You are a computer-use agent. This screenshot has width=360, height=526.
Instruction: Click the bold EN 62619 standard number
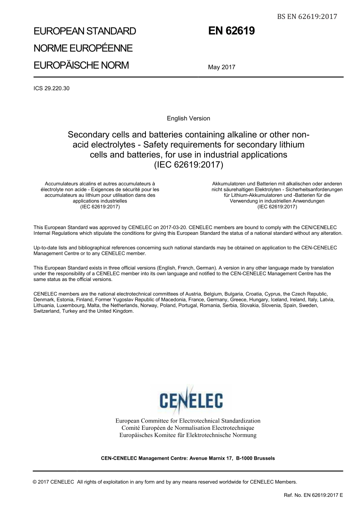[231, 31]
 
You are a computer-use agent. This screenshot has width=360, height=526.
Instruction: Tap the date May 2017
[221, 67]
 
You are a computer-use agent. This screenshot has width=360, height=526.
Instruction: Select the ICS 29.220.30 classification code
[52, 89]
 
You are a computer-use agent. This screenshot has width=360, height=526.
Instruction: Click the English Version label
[188, 119]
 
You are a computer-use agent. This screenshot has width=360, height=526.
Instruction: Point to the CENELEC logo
[191, 400]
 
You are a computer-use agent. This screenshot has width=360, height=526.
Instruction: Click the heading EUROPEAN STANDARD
[85, 31]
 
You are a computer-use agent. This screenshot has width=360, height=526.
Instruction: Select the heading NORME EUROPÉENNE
[83, 48]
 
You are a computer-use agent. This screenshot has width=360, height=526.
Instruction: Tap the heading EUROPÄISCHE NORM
[81, 65]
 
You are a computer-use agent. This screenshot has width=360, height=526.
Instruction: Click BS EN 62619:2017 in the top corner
[307, 16]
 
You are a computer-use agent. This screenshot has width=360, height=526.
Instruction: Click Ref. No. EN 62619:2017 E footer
[313, 495]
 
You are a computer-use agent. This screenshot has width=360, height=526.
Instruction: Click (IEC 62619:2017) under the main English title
[188, 165]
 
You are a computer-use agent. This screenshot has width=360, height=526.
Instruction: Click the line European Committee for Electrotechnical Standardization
[188, 421]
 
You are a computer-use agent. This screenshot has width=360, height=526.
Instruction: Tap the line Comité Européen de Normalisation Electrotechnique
[188, 428]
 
